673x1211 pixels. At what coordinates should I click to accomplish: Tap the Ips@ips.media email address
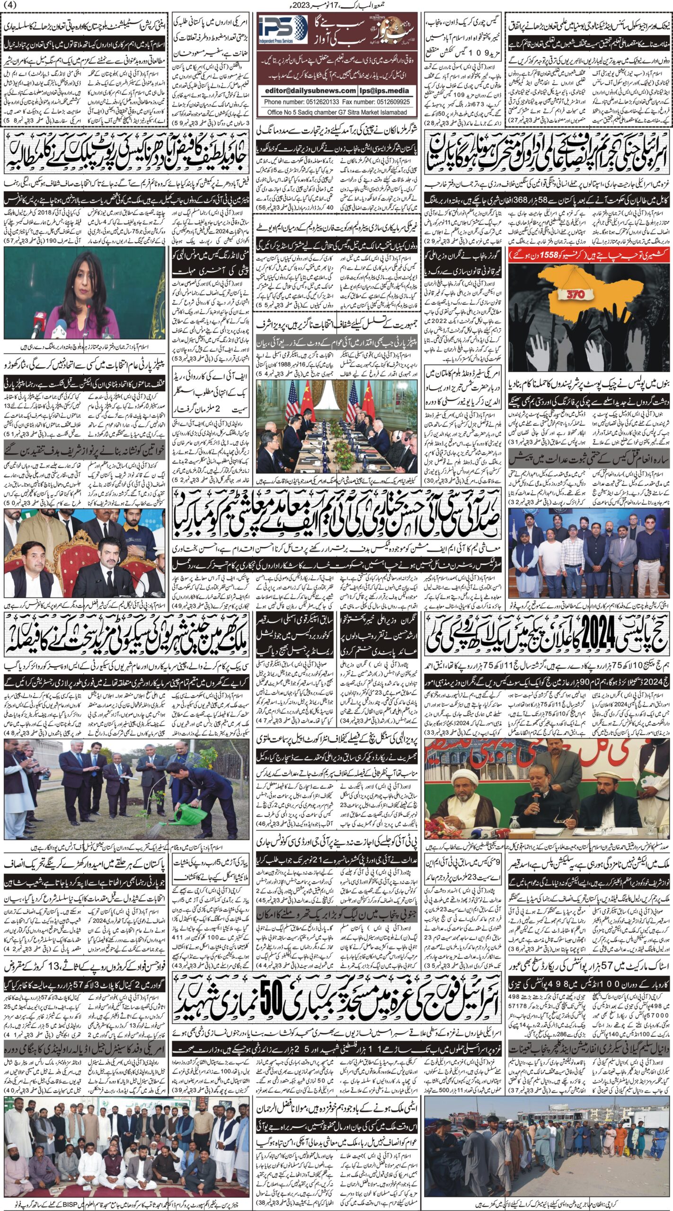point(384,90)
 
